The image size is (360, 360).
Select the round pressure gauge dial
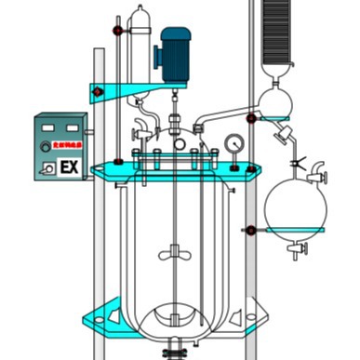tap(233, 144)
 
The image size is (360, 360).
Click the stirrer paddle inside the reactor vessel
tap(175, 251)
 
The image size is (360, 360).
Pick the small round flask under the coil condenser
tap(275, 100)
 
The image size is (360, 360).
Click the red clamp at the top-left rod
tap(118, 31)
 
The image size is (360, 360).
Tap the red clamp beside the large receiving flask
tap(251, 229)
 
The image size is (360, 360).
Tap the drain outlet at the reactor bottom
tap(174, 352)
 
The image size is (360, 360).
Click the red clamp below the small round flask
tap(251, 118)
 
